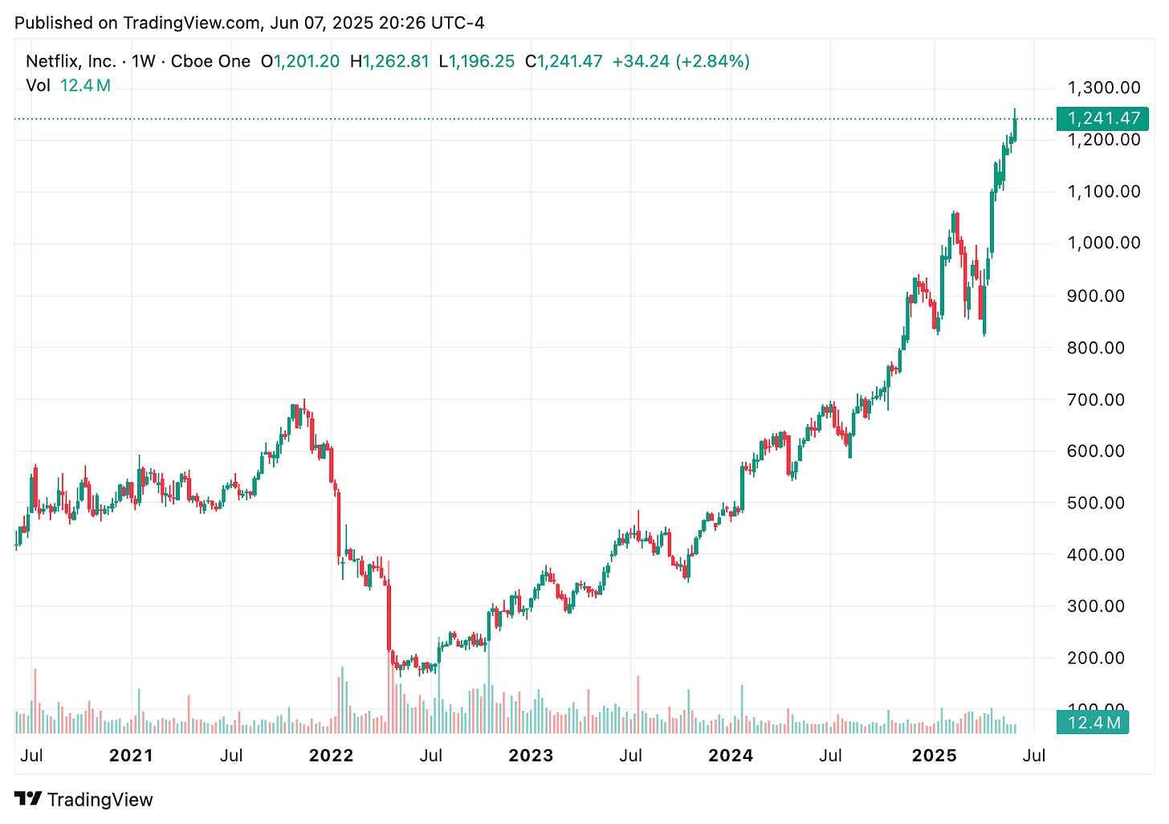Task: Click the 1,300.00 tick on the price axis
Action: coord(1103,88)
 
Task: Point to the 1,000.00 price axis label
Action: coord(1103,243)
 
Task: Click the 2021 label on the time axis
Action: coord(131,756)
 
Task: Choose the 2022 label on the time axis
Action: coord(331,756)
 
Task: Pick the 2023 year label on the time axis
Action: coord(531,756)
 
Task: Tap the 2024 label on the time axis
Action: coord(731,756)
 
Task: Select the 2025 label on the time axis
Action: coord(935,756)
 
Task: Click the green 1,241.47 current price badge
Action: coord(1103,118)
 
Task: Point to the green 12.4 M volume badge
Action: coord(1093,723)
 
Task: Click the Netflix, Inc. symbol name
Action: coord(71,61)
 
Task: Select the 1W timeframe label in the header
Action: coord(143,61)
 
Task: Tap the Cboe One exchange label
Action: coord(210,61)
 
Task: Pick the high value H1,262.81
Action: coord(389,61)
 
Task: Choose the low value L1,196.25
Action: coord(477,61)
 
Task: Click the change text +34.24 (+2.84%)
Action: coord(681,61)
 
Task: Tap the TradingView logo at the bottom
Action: coord(83,799)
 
